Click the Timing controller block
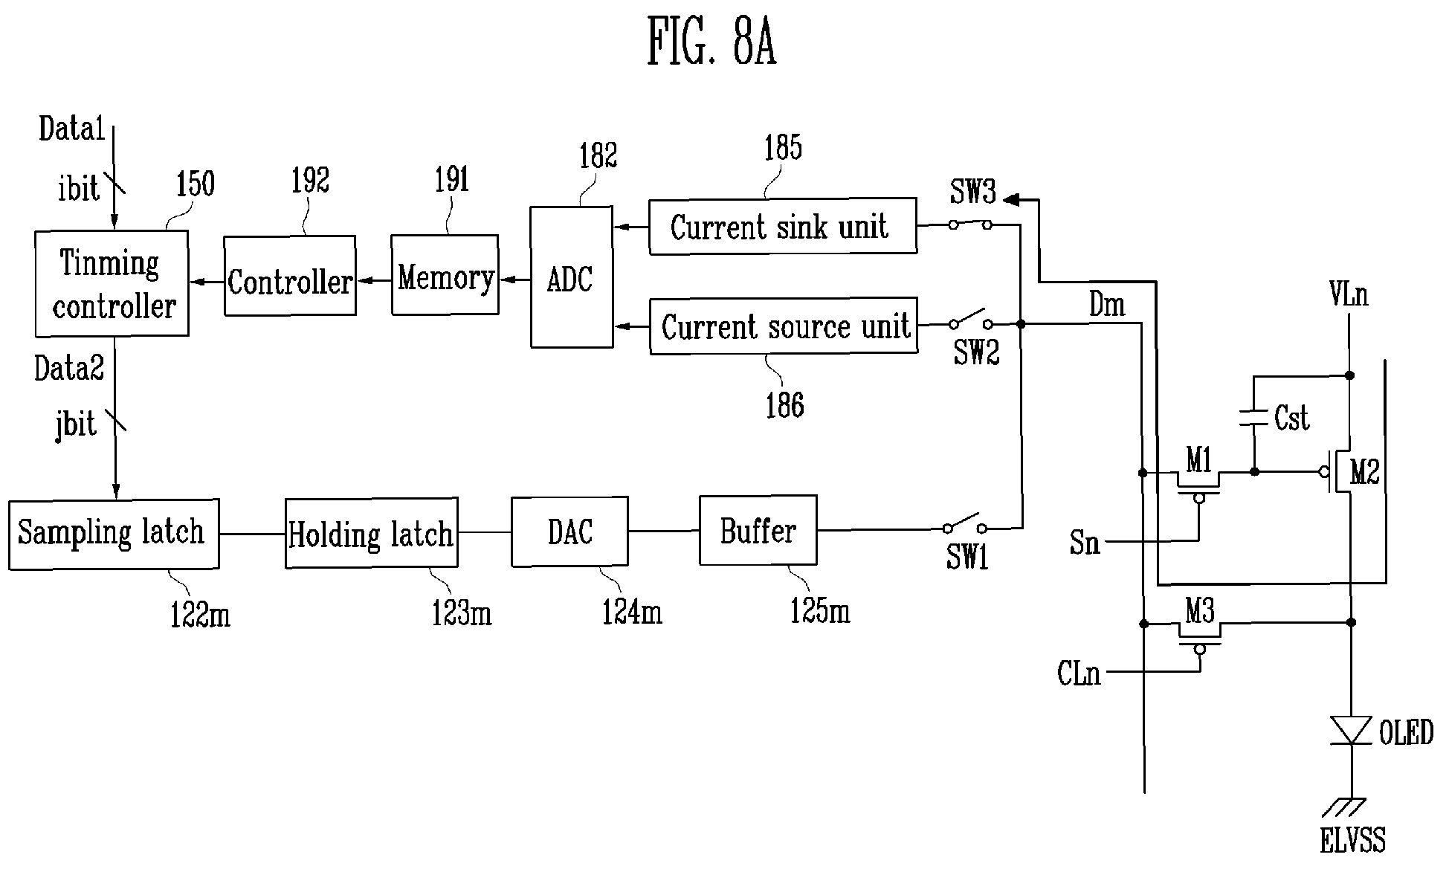tap(112, 283)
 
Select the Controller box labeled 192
tap(290, 276)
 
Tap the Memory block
tap(445, 274)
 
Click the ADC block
tap(572, 277)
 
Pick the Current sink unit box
tap(783, 226)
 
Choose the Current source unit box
tap(784, 326)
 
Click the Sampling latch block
tap(114, 534)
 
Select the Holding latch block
tap(372, 533)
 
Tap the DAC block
tap(569, 532)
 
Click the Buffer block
tap(758, 530)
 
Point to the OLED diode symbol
tap(1352, 730)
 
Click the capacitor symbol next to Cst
tap(1253, 419)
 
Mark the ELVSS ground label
tap(1353, 840)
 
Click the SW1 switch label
tap(967, 557)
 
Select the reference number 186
tap(785, 406)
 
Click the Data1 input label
tap(72, 129)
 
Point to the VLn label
tap(1349, 295)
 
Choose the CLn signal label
tap(1079, 673)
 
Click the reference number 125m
tap(820, 610)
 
